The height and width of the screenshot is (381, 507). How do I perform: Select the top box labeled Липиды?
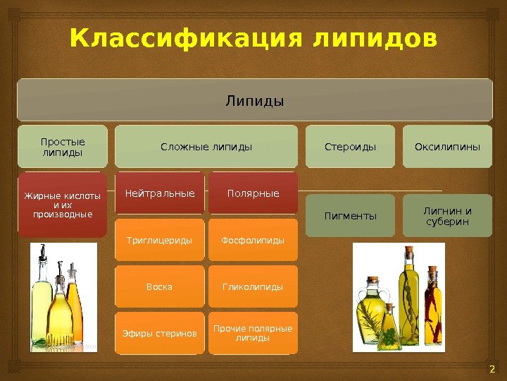click(x=254, y=100)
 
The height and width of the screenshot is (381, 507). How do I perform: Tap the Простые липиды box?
click(x=63, y=147)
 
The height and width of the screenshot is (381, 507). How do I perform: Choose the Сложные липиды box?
click(x=206, y=147)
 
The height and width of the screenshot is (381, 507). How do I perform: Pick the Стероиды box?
click(x=350, y=147)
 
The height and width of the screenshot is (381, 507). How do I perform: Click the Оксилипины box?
click(x=448, y=147)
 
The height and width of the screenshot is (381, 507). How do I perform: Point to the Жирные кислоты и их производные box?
click(x=63, y=205)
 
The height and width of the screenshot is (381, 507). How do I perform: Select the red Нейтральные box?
click(x=160, y=193)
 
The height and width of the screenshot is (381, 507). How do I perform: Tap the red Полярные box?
click(x=253, y=193)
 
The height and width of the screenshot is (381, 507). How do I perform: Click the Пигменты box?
click(x=350, y=215)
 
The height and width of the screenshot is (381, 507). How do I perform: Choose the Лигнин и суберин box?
click(x=448, y=215)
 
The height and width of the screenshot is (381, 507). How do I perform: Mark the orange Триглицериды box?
click(x=160, y=241)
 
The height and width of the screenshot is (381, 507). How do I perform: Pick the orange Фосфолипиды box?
click(x=253, y=241)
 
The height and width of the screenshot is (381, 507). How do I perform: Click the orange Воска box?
click(x=160, y=287)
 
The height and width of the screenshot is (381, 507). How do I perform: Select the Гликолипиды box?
click(x=253, y=287)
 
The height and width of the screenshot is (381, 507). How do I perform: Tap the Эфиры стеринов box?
click(x=160, y=333)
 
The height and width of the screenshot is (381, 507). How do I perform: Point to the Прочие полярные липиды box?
click(x=253, y=333)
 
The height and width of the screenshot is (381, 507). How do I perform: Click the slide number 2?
click(x=492, y=370)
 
